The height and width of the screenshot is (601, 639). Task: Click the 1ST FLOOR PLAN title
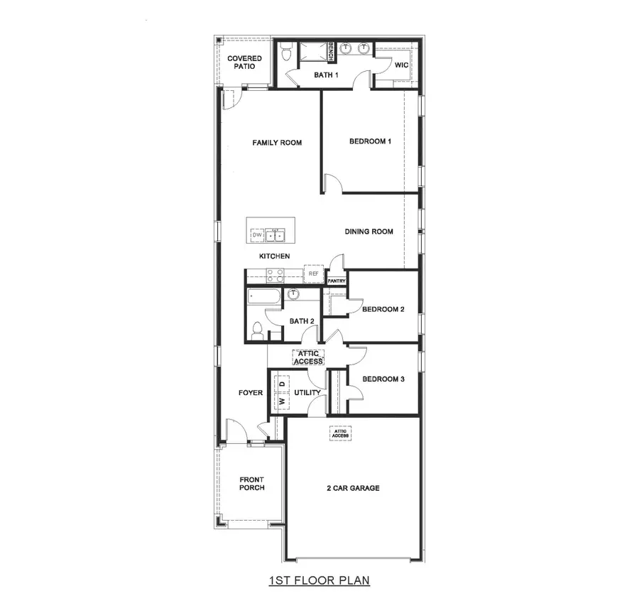coord(319,580)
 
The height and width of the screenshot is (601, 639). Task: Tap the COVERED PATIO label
coord(244,63)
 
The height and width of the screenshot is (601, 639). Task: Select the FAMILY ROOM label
coord(277,143)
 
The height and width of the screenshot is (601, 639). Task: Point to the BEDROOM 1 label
coord(370,141)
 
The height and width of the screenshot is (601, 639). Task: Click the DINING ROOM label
coord(368,232)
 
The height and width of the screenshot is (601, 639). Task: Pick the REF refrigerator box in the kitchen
coord(313,273)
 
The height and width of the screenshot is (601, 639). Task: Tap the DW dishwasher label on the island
coord(257,234)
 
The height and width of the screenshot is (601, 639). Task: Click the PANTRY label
coord(337,281)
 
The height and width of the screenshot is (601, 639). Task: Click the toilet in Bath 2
coord(257,330)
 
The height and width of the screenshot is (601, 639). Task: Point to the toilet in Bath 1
coord(286,52)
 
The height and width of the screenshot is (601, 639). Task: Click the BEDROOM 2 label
coord(383,309)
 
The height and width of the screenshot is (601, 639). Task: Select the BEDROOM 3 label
coord(383,379)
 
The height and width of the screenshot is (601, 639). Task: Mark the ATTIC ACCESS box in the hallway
coord(308,357)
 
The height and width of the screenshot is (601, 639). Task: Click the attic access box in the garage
coord(341,433)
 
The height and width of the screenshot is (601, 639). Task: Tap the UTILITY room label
coord(307,393)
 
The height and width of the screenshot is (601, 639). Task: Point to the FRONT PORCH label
coord(251,484)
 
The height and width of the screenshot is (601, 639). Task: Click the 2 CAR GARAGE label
coord(352,488)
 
